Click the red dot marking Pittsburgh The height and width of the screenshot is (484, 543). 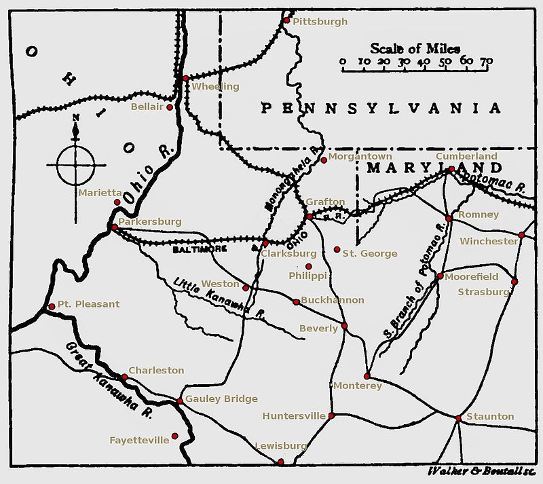pyautogui.click(x=286, y=20)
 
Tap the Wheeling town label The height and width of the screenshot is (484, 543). pyautogui.click(x=216, y=87)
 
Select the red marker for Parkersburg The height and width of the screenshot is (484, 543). pyautogui.click(x=114, y=227)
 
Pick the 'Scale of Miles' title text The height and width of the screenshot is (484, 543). pyautogui.click(x=415, y=49)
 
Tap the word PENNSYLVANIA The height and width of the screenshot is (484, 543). pyautogui.click(x=382, y=108)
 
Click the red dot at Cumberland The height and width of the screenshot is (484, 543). pyautogui.click(x=451, y=168)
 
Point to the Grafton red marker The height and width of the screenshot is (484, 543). pyautogui.click(x=309, y=216)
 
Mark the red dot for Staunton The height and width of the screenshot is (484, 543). pyautogui.click(x=459, y=417)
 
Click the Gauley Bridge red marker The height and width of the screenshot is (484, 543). pyautogui.click(x=179, y=401)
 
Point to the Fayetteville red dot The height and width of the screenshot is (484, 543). pyautogui.click(x=174, y=436)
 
